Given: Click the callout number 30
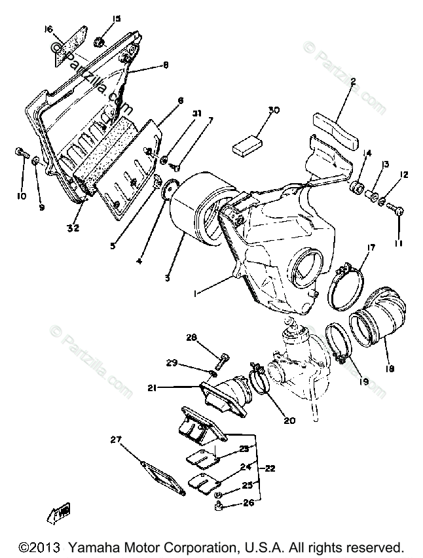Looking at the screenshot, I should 273,110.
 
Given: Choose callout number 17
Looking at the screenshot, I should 371,248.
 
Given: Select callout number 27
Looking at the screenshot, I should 116,440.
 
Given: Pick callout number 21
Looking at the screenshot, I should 151,388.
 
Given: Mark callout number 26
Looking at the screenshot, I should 249,504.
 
